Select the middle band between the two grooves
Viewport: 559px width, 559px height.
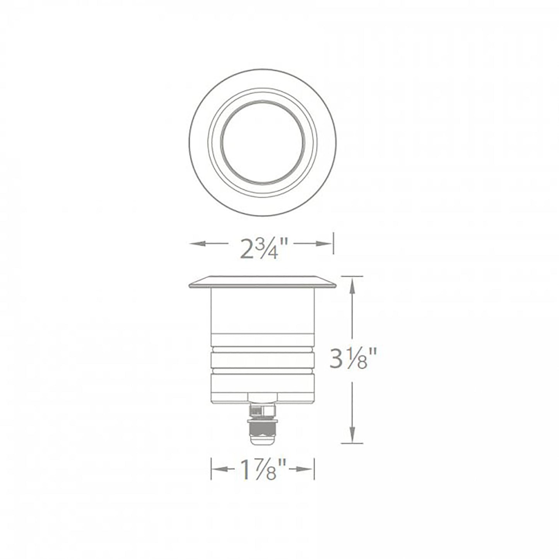pyautogui.click(x=263, y=362)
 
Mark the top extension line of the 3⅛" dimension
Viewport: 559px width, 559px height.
pyautogui.click(x=352, y=276)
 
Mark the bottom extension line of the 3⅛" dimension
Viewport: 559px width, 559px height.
pyautogui.click(x=352, y=443)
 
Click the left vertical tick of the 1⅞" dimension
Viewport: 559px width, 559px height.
pyautogui.click(x=211, y=469)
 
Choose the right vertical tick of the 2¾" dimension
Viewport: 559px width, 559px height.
pyautogui.click(x=333, y=243)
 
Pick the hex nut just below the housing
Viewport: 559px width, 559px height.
pyautogui.click(x=262, y=397)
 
